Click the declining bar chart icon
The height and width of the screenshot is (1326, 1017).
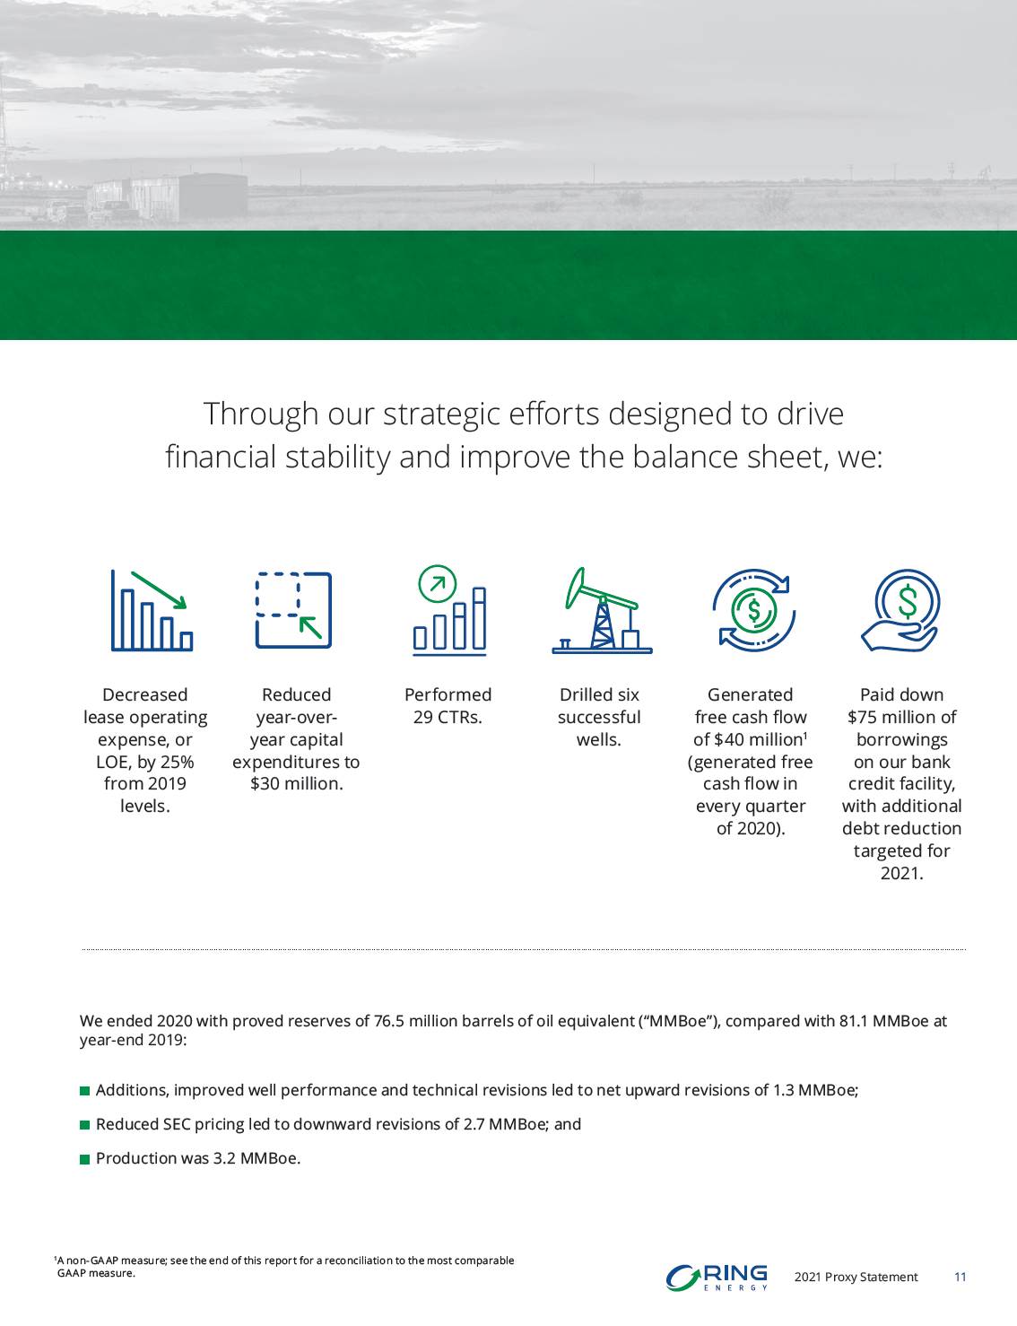[152, 610]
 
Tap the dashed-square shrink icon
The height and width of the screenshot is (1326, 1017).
[293, 609]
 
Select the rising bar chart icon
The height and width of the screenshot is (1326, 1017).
[449, 611]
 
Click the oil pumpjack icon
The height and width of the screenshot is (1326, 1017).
[602, 611]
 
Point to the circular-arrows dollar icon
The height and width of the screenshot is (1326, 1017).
[754, 610]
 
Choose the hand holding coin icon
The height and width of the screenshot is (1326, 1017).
[901, 610]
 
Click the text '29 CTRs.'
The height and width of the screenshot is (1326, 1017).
[448, 717]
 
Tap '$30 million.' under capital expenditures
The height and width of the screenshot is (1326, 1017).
[296, 783]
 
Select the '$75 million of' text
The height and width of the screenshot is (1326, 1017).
[902, 717]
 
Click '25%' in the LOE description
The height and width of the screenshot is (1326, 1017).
[178, 762]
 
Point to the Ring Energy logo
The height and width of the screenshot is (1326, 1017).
[717, 1278]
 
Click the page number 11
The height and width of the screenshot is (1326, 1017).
[960, 1277]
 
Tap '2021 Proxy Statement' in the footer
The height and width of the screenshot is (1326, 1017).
[856, 1278]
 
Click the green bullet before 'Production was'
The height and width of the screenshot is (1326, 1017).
[84, 1159]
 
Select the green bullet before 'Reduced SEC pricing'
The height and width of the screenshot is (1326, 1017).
[84, 1125]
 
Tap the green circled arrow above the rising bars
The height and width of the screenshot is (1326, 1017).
[437, 583]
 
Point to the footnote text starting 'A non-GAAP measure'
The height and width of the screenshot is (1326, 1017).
[284, 1267]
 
